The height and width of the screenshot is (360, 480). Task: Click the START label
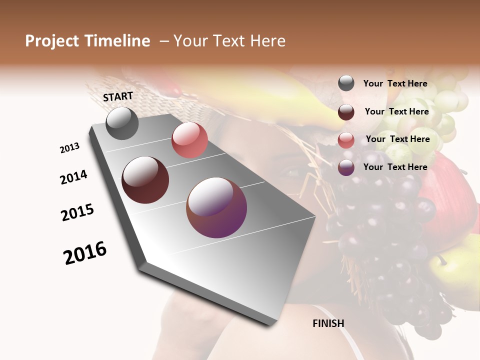click(x=118, y=96)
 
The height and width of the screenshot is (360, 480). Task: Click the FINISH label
click(x=328, y=323)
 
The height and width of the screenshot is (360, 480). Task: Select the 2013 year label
click(x=69, y=148)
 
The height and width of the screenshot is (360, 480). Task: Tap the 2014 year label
click(x=73, y=177)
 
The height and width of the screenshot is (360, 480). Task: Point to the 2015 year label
click(x=77, y=212)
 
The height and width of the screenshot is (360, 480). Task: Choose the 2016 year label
click(x=85, y=253)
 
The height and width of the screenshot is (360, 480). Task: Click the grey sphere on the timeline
click(x=122, y=123)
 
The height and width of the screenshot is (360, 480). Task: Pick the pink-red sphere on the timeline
click(x=189, y=140)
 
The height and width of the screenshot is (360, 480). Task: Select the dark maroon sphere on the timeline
click(x=145, y=180)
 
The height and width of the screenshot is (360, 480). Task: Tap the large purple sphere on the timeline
click(x=216, y=207)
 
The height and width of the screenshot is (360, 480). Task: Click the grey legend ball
click(x=346, y=83)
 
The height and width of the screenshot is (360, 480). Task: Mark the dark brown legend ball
click(x=346, y=112)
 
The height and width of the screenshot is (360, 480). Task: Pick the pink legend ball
click(x=346, y=140)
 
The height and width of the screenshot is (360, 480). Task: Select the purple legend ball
click(x=346, y=167)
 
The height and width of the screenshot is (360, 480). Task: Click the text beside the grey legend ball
click(x=395, y=83)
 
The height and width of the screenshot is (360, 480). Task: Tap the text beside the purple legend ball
click(x=395, y=167)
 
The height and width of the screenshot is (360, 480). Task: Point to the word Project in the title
click(x=52, y=41)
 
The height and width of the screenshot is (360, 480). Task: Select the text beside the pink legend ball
click(x=397, y=139)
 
